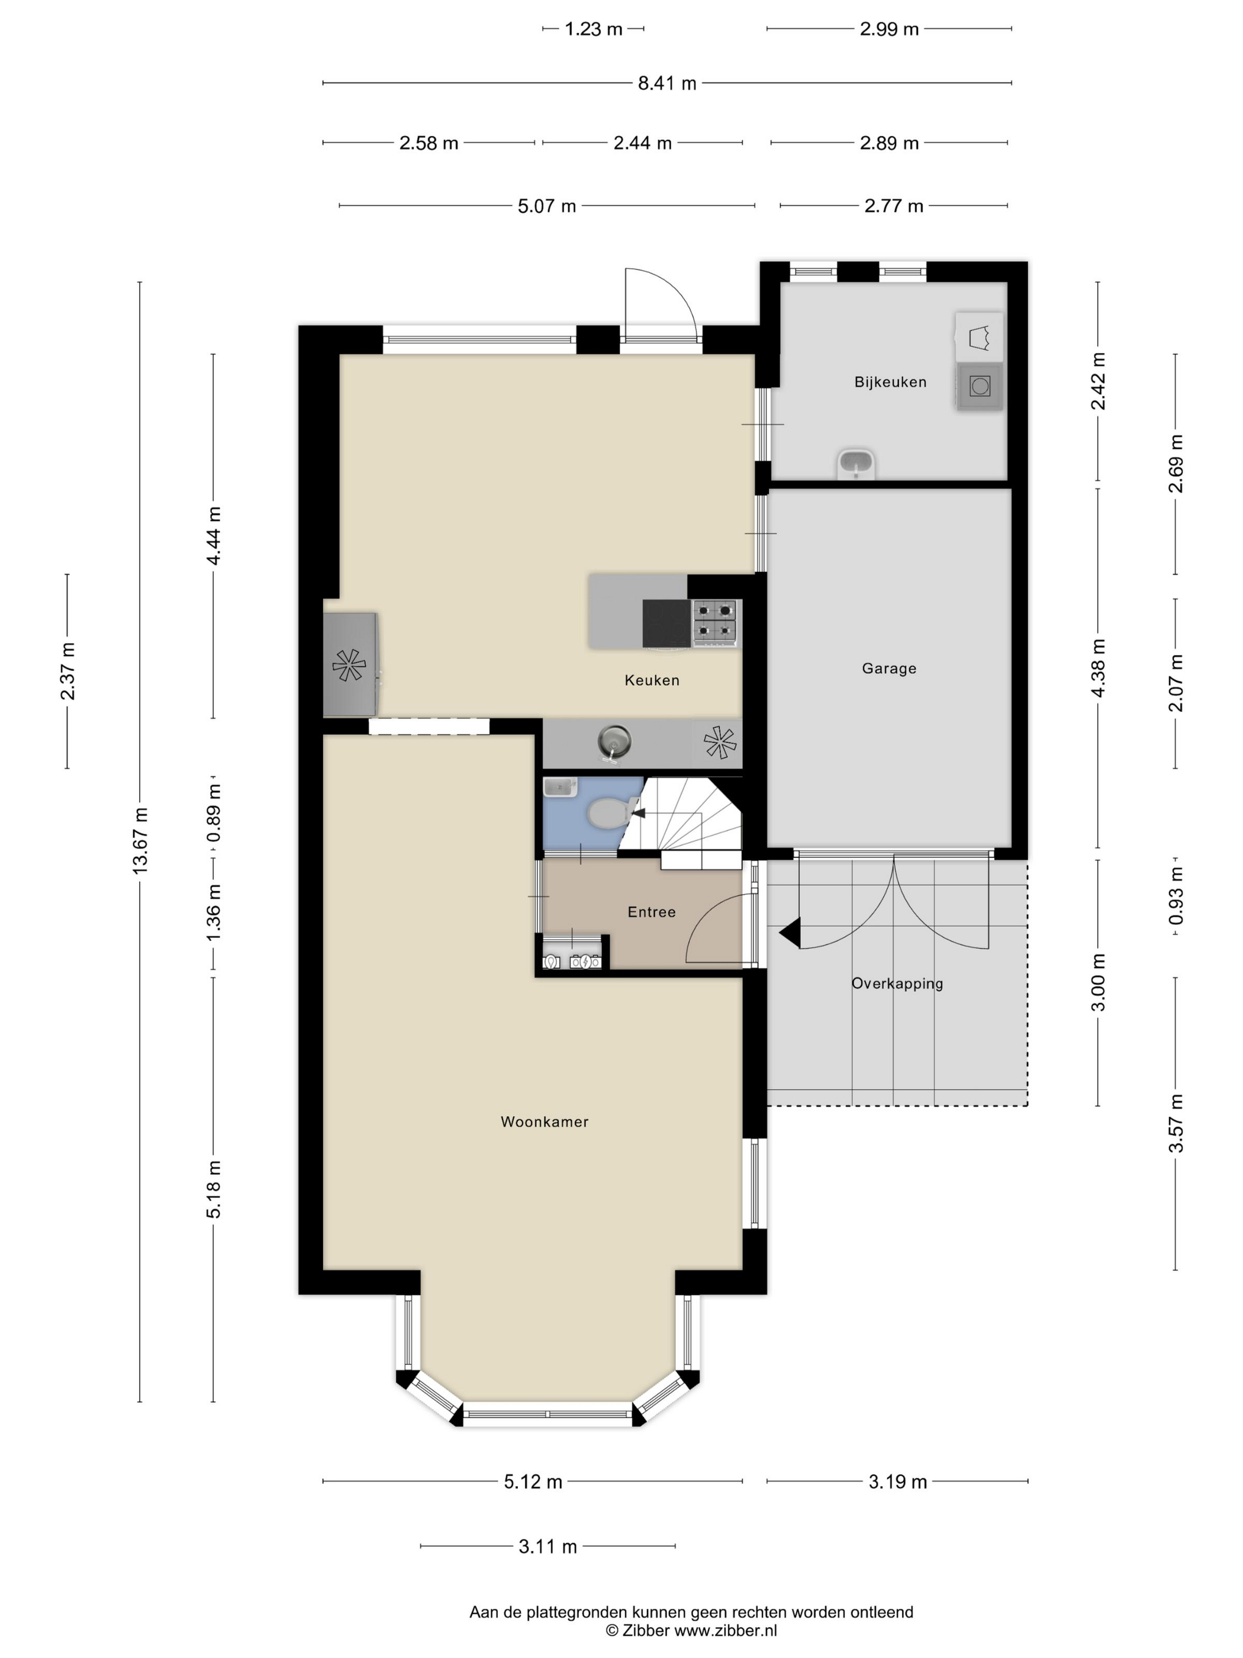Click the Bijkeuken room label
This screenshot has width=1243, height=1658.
point(890,383)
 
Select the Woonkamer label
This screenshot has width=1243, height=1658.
point(545,1122)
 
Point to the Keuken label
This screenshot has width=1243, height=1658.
point(652,680)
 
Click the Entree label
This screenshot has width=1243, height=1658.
point(652,912)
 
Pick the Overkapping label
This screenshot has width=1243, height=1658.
point(897,984)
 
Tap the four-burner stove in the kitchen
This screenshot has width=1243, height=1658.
point(716,622)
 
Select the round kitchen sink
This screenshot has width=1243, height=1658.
point(614,742)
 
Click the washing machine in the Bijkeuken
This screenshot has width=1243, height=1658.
point(979,387)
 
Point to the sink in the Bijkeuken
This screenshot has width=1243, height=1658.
point(856,464)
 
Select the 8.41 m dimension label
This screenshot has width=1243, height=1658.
point(667,83)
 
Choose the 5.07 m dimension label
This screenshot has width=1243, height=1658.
point(547,206)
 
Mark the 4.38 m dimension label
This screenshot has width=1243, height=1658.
point(1099,668)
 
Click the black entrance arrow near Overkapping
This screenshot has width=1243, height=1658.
point(790,933)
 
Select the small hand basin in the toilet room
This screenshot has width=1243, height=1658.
point(561,787)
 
